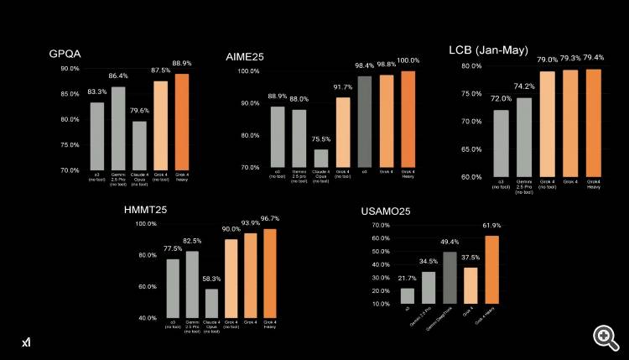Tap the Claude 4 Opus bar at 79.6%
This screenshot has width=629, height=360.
139,146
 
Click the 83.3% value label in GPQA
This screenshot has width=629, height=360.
96,93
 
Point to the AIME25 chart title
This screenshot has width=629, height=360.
247,57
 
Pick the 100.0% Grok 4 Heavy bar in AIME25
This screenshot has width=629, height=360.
408,119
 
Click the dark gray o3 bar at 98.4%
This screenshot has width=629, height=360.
365,122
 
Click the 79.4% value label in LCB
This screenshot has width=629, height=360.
593,59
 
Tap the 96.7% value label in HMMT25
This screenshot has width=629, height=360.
271,218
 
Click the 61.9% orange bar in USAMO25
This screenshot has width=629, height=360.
491,269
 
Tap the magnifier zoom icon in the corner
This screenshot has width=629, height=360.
606,337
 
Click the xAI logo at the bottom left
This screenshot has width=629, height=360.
27,342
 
